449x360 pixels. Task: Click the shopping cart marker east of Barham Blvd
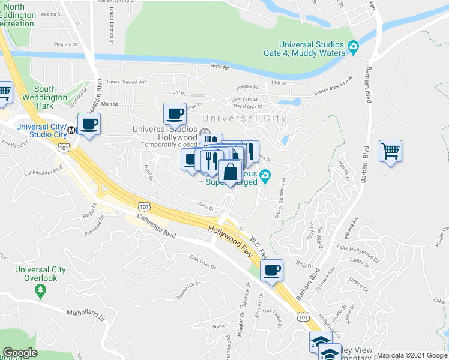tap(390, 151)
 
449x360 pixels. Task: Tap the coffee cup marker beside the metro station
tap(89, 125)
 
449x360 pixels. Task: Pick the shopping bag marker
tap(230, 171)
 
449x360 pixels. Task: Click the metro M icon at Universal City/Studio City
tap(71, 129)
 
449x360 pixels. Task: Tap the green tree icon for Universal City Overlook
tap(41, 291)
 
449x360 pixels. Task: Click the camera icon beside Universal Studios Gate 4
tap(353, 46)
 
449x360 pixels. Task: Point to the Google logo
tap(20, 353)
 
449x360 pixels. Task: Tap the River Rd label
tap(220, 67)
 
